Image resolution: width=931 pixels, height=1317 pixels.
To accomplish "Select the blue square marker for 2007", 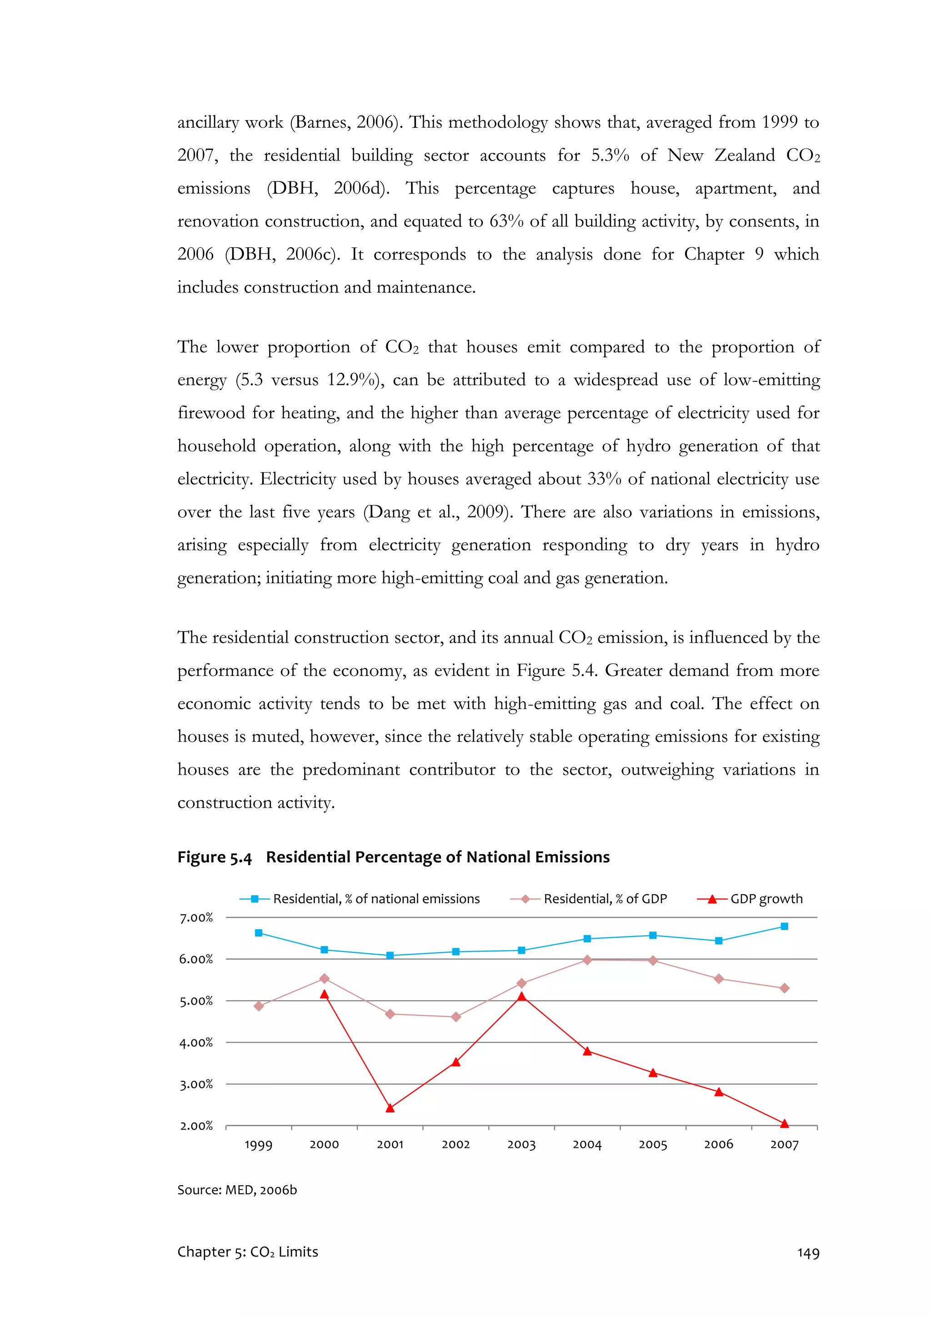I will (x=784, y=926).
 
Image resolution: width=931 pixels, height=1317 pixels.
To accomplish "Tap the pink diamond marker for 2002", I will (x=456, y=1017).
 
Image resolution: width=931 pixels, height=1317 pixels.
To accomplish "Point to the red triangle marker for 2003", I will (x=521, y=997).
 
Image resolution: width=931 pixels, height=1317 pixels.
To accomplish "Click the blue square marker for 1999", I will (x=259, y=933).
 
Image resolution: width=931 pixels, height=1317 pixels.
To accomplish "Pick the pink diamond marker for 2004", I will (x=587, y=960).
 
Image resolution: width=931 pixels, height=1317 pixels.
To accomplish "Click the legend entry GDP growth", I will (x=766, y=899).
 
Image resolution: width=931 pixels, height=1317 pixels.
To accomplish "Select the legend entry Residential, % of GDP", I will (x=605, y=899).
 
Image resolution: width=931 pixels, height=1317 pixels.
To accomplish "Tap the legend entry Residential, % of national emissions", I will (x=376, y=899).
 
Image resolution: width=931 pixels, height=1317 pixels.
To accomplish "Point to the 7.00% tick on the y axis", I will (x=196, y=918).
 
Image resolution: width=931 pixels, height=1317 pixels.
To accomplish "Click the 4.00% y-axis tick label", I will (x=196, y=1043).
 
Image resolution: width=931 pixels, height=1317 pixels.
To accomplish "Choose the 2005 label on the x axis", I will (x=653, y=1145).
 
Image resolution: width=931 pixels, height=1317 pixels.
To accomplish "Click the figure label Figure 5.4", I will (x=214, y=857).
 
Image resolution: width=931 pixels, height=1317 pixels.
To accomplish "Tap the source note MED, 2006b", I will (x=261, y=1190).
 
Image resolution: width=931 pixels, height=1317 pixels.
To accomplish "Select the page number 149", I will (x=808, y=1253).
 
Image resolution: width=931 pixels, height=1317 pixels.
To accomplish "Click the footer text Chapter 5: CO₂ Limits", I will (x=247, y=1252).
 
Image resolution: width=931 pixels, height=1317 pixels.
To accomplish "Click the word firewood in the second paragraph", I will (x=211, y=413).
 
